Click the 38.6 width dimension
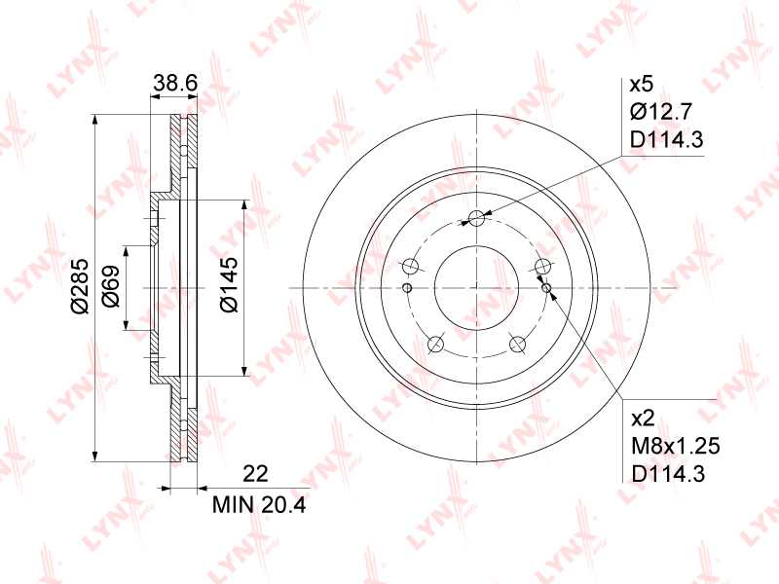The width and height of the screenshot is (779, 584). tap(175, 85)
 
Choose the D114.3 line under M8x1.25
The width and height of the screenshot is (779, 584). tap(667, 474)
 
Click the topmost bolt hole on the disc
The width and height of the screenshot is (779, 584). tap(476, 218)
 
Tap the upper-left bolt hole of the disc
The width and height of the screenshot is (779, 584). tap(410, 266)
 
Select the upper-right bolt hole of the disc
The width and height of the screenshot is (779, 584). tap(542, 266)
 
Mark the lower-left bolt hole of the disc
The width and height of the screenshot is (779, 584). tap(435, 344)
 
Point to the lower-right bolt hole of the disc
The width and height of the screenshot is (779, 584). tap(517, 344)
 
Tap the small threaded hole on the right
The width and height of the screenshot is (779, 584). tap(545, 286)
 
